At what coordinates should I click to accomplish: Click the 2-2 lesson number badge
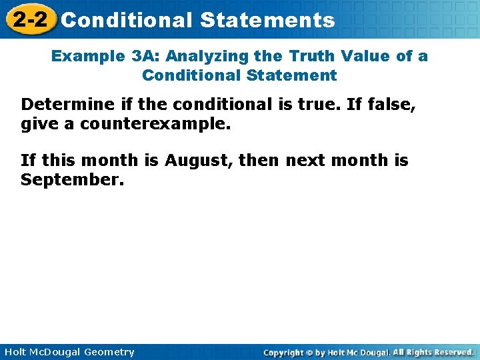pyautogui.click(x=29, y=19)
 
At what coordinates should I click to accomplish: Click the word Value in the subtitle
pyautogui.click(x=371, y=56)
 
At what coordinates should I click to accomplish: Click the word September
pyautogui.click(x=72, y=180)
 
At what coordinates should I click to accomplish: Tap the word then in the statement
pyautogui.click(x=259, y=161)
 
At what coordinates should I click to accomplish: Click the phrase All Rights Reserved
pyautogui.click(x=433, y=352)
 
